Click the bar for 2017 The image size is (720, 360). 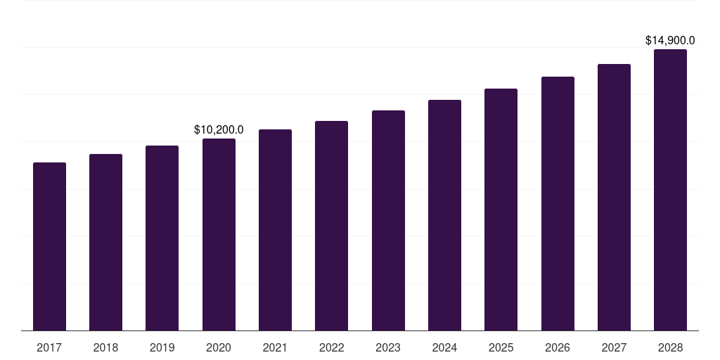click(x=49, y=246)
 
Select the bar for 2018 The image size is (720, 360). click(x=105, y=242)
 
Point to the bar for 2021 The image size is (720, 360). click(x=275, y=230)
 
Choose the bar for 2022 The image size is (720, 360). click(x=331, y=226)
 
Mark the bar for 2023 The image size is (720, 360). click(x=388, y=220)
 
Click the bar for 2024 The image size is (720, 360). click(x=444, y=215)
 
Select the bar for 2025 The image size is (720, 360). click(x=501, y=210)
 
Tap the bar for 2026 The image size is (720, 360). click(x=558, y=203)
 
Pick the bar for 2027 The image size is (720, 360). click(x=614, y=197)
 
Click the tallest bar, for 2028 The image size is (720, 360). click(x=670, y=190)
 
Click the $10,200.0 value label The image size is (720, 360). click(x=219, y=129)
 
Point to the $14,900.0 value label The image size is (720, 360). click(x=670, y=41)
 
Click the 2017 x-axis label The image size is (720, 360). click(x=49, y=347)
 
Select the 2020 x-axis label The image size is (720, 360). click(x=219, y=347)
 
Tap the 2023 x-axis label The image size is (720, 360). click(x=388, y=347)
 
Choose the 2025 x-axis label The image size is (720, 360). click(x=501, y=347)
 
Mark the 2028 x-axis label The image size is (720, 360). click(x=670, y=347)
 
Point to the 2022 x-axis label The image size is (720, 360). click(x=331, y=347)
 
